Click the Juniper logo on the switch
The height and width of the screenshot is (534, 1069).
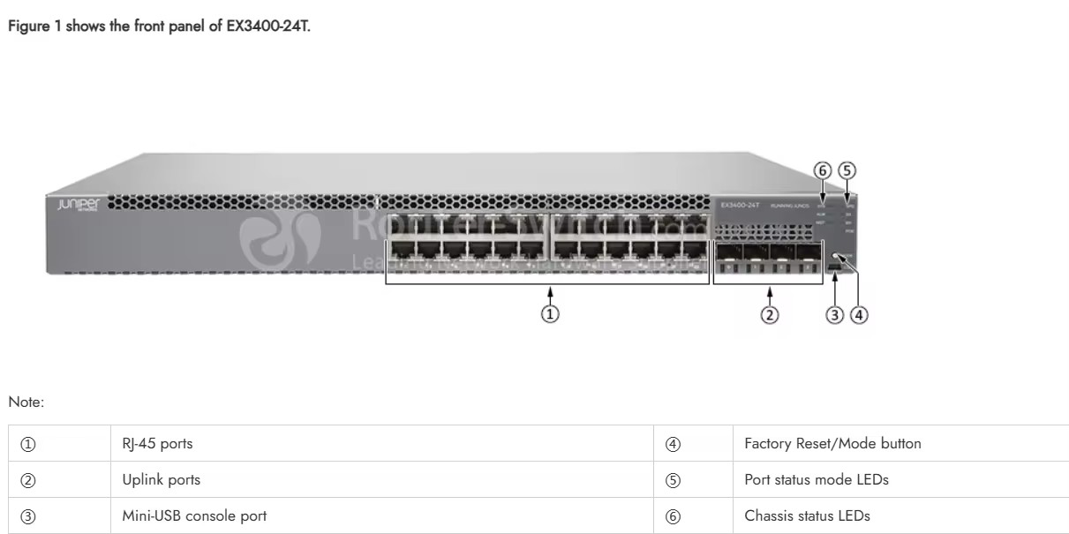coord(79,205)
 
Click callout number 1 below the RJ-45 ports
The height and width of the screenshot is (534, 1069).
coord(550,314)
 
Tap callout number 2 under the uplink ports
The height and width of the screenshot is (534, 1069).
coord(770,314)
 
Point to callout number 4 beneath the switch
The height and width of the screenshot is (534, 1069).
coord(859,314)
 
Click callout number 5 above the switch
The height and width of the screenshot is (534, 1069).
coord(847,170)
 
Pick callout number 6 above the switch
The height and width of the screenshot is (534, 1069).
coord(823,170)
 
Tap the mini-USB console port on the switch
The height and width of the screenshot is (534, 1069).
coord(834,265)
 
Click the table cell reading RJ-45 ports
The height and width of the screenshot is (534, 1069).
coord(157,444)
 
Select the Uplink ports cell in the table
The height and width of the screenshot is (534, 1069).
coord(162,480)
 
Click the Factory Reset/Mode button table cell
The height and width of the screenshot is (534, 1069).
coord(832,444)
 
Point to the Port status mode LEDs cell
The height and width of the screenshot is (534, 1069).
coord(817,480)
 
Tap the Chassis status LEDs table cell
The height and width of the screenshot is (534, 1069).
coord(807,515)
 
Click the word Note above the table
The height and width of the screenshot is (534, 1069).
coord(26,402)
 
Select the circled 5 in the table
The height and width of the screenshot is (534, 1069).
coord(673,480)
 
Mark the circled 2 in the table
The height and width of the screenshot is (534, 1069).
coord(27,480)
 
